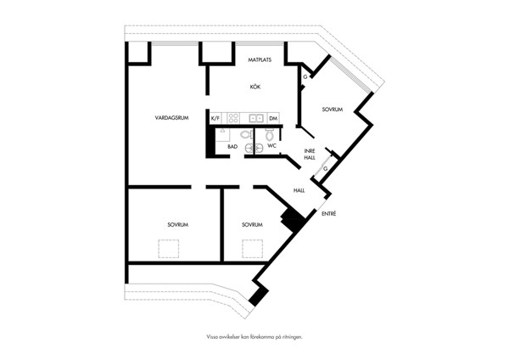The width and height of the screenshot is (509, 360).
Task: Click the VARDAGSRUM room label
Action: coord(171,118)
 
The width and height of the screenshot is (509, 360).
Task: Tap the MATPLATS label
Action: coord(260,59)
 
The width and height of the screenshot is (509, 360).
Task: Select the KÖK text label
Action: coord(255,87)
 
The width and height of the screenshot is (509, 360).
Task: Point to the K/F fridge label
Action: coord(215,119)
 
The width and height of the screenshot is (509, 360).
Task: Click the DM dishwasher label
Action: coord(273,119)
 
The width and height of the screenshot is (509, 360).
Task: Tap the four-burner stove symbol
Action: coord(233,118)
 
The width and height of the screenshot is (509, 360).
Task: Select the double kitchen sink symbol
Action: coord(256,119)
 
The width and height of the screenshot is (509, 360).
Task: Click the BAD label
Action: coord(232,147)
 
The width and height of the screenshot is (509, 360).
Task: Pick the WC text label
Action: coord(271,146)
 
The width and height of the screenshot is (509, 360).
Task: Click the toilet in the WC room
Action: coord(269,134)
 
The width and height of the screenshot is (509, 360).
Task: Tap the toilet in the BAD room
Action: coord(245,133)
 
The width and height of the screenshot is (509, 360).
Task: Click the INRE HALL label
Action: coord(310,155)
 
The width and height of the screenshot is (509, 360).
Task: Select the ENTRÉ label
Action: coord(329,214)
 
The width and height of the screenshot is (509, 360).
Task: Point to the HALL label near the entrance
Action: coord(299,190)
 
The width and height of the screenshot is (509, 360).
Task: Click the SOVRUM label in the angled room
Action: coord(333,110)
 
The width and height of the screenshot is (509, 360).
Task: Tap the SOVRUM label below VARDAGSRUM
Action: coord(178,224)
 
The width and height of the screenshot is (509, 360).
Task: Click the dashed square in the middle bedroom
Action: coord(252,249)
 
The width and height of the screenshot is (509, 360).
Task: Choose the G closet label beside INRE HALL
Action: coord(325,169)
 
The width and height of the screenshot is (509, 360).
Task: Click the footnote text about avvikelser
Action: coord(255,337)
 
